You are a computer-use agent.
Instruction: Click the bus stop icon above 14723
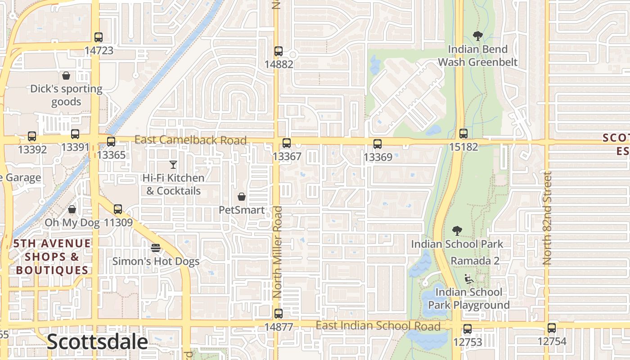pos(99,37)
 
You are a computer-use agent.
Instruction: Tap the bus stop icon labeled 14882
pos(279,51)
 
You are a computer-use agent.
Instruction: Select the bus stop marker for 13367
pos(287,144)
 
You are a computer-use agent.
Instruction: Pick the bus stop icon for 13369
pos(378,144)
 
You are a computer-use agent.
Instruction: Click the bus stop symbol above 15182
pos(463,134)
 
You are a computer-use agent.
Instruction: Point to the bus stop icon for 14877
pos(279,314)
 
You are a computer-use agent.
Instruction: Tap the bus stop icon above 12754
pos(552,328)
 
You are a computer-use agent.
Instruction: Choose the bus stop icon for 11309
pos(118,209)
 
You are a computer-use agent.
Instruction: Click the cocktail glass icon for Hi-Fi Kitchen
pos(173,165)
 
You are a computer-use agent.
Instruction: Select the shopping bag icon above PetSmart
pos(242,197)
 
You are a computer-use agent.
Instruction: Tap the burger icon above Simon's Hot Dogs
pos(156,248)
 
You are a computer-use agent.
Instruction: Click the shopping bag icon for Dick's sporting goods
pos(66,76)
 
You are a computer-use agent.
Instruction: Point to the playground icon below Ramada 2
pos(468,279)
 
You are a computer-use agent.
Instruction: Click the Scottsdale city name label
pos(97,342)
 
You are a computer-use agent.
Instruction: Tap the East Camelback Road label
pos(191,140)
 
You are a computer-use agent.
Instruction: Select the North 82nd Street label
pos(547,218)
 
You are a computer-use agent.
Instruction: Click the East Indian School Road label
pos(378,326)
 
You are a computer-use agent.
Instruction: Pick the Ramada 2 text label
pos(475,261)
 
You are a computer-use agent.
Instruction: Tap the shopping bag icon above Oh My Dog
pos(72,210)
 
